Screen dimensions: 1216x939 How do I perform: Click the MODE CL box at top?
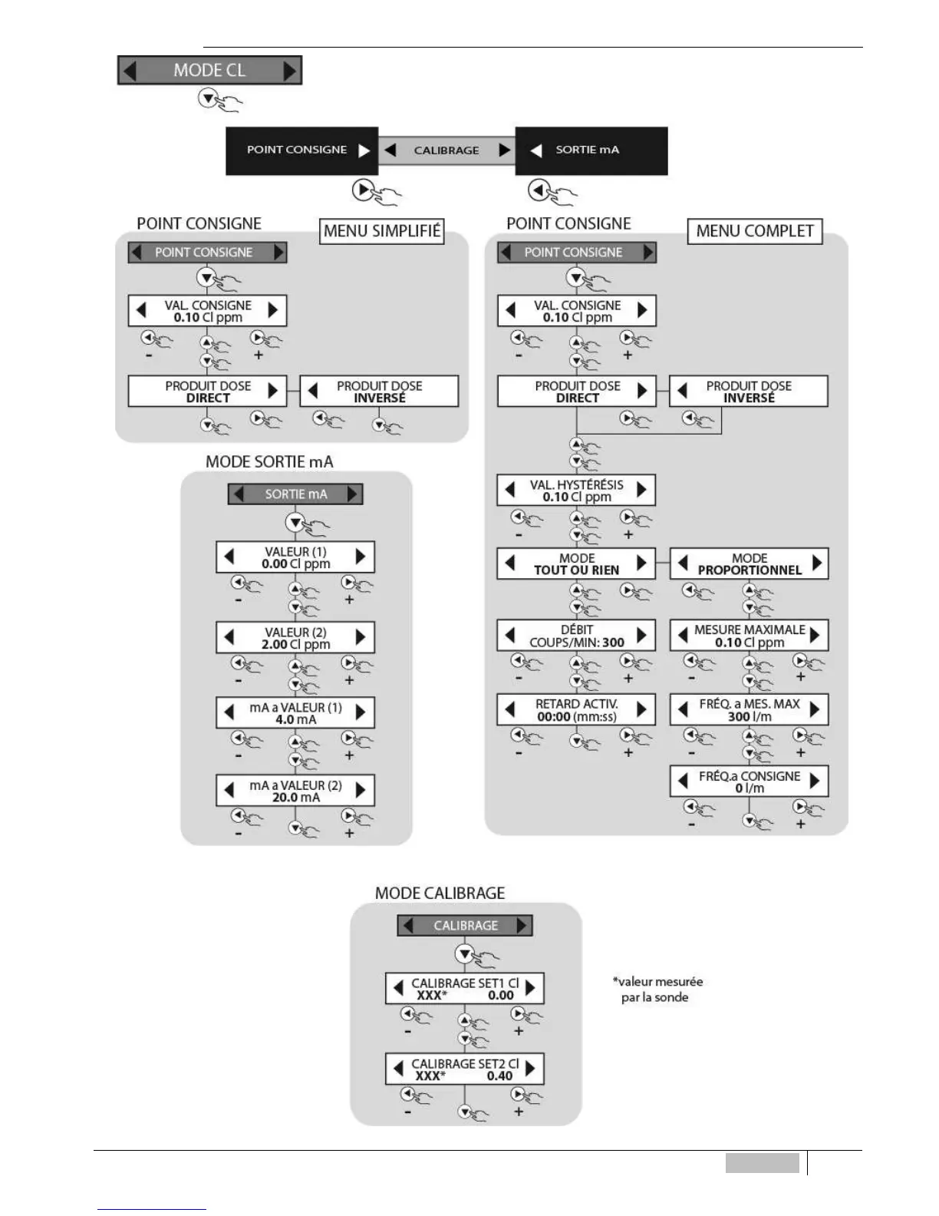click(x=209, y=71)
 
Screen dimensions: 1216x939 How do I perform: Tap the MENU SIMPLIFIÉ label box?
click(x=382, y=231)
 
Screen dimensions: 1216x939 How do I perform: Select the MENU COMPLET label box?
click(x=755, y=231)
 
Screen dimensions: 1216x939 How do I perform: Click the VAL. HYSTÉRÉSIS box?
click(x=576, y=491)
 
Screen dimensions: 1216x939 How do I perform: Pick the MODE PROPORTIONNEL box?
click(x=749, y=563)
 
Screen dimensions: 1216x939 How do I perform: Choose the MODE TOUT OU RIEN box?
click(x=576, y=563)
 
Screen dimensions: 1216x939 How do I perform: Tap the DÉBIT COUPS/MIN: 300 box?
click(x=576, y=636)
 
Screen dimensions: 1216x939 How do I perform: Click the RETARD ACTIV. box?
click(x=576, y=710)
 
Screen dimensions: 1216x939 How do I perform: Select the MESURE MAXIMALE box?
click(x=749, y=636)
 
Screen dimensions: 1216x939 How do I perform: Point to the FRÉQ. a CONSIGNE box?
click(x=749, y=781)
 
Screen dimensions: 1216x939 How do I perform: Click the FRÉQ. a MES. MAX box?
click(x=749, y=710)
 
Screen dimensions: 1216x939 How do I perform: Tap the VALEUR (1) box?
click(x=295, y=557)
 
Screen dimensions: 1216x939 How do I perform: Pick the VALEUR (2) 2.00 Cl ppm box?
click(x=295, y=638)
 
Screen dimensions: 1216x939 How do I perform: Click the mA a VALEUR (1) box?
click(x=295, y=713)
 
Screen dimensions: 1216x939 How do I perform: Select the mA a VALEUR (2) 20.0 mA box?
click(x=295, y=791)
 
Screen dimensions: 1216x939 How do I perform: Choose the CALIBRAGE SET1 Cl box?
click(x=465, y=989)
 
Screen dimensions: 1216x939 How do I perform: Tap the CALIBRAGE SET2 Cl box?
click(x=465, y=1069)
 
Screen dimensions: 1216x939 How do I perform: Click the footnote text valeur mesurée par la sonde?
click(x=657, y=990)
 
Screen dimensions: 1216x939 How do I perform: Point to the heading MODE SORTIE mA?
click(x=269, y=462)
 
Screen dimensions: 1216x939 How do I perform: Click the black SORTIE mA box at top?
click(x=591, y=150)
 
